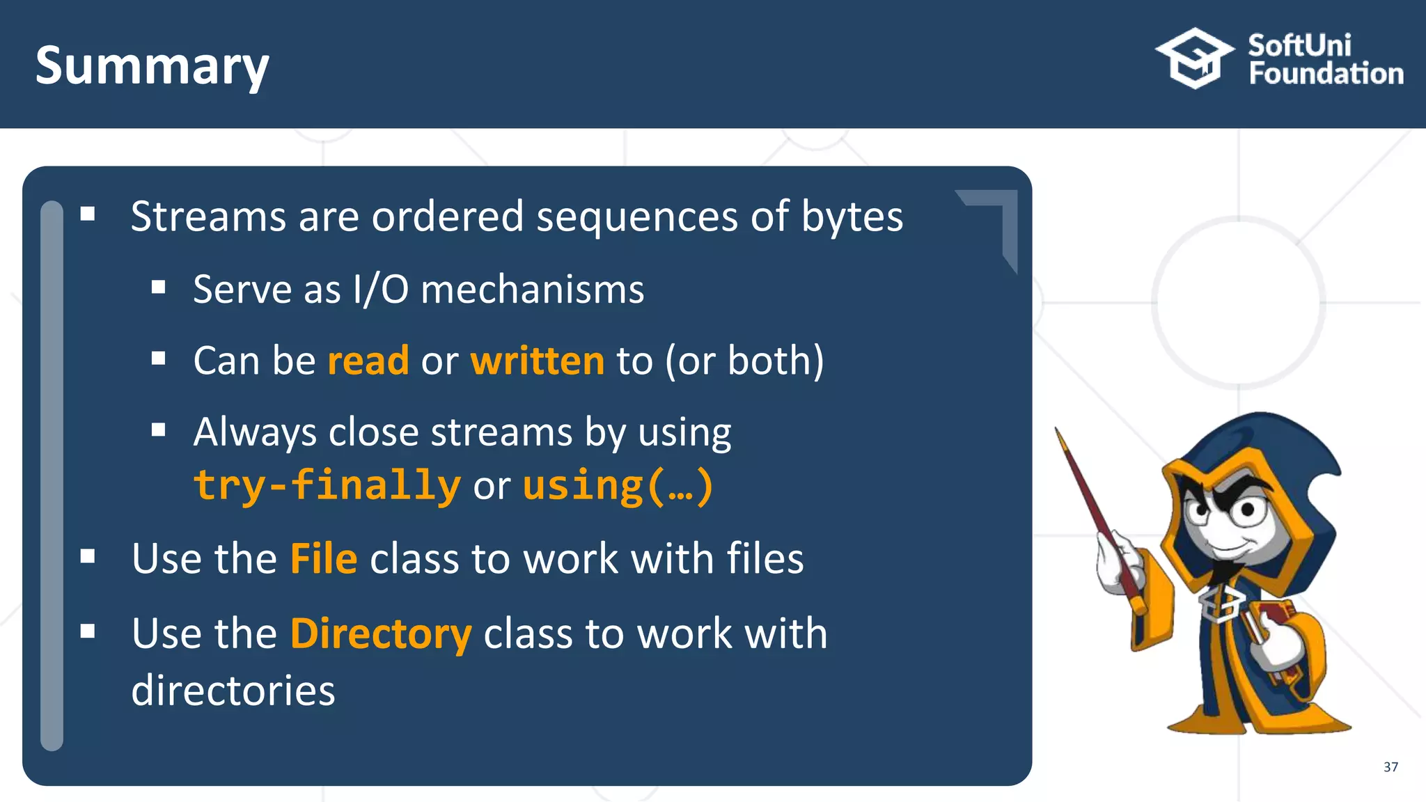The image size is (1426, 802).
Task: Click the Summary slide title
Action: point(152,66)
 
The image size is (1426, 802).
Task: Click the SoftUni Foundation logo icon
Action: point(1195,58)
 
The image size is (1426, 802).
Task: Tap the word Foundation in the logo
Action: point(1326,74)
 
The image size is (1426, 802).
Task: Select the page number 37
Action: point(1390,766)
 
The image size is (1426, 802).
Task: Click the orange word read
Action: point(368,361)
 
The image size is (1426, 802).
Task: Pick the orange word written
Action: point(538,361)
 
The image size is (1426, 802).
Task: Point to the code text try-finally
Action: point(327,485)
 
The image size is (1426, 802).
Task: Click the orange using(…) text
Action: point(618,485)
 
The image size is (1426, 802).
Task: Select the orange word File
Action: point(324,558)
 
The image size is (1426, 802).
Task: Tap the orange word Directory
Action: point(381,634)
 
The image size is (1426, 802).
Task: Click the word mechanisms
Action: point(533,289)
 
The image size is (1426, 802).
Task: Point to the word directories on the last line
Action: point(233,691)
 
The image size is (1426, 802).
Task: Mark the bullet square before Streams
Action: point(88,214)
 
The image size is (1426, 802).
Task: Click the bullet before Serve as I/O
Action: point(159,287)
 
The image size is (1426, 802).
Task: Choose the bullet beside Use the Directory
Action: point(88,631)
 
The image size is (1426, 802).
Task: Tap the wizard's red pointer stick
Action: point(1093,508)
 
